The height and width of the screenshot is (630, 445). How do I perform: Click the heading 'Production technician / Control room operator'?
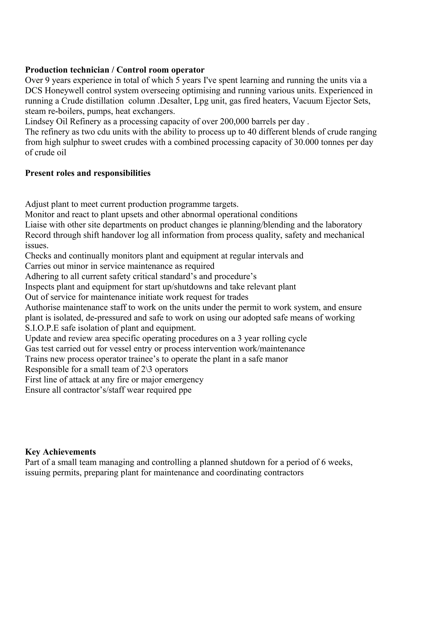point(115,70)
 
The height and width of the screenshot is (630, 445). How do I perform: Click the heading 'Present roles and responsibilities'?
point(88,173)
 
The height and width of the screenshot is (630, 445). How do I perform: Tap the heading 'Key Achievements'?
point(60,452)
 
